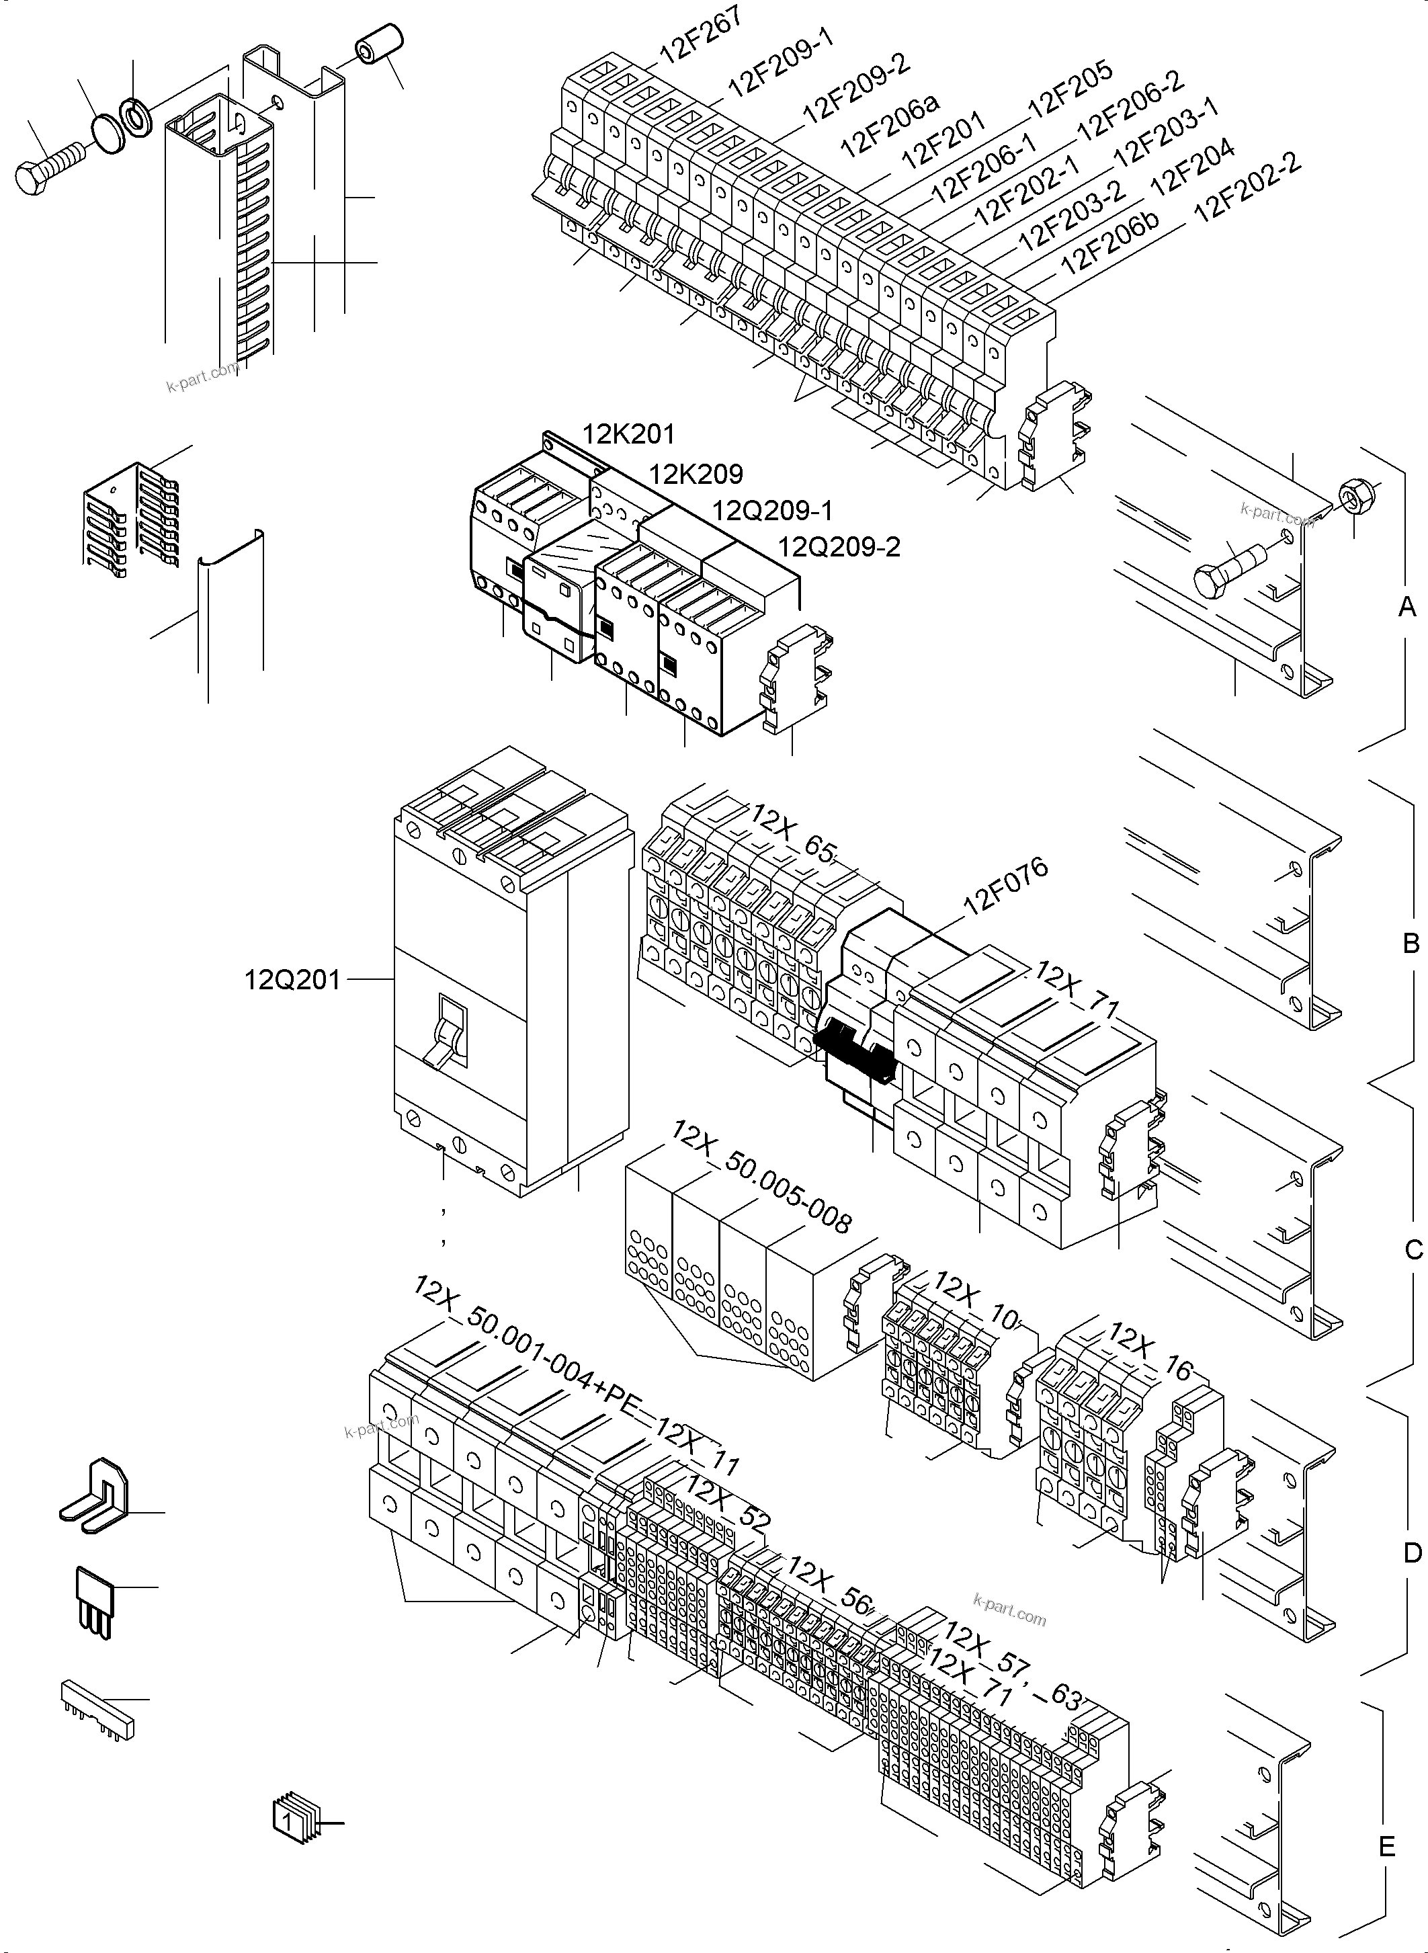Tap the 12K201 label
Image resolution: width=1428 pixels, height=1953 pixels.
628,434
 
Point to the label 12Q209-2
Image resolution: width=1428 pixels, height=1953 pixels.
839,547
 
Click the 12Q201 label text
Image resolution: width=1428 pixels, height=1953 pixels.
292,981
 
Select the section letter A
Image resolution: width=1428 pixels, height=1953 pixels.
1407,608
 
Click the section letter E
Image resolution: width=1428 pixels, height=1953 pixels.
1386,1847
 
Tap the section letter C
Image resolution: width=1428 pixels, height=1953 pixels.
1413,1250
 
